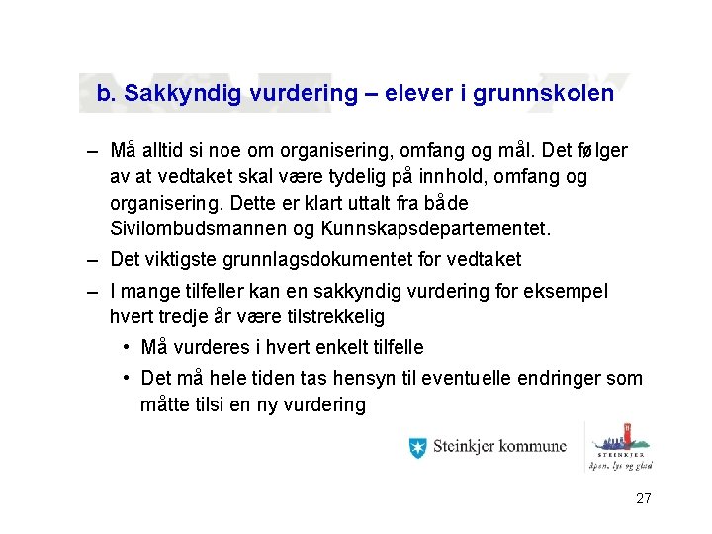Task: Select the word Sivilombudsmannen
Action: pos(196,229)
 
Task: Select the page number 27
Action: pos(643,498)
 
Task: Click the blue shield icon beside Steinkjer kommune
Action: pos(418,447)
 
